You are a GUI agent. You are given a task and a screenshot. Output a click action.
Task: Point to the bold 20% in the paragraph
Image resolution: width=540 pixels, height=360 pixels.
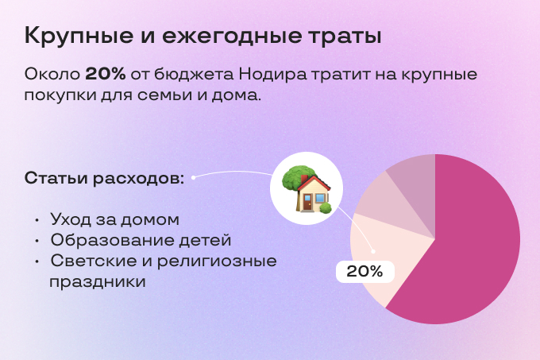point(105,75)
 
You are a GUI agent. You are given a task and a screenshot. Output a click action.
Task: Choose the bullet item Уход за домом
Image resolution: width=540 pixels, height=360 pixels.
point(114,219)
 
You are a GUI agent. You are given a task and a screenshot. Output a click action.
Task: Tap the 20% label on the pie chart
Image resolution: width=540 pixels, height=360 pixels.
point(364,271)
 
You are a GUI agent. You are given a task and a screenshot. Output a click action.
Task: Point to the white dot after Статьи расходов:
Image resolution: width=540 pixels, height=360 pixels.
point(193,177)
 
